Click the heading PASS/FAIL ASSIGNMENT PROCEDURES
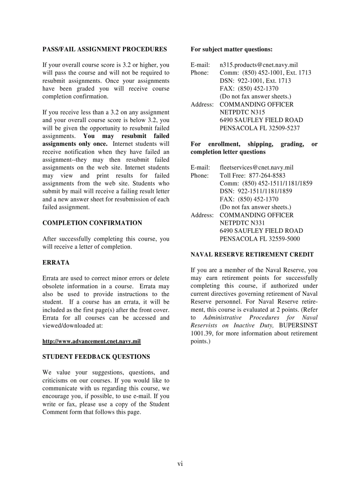(105, 49)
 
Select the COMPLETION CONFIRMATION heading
(92, 223)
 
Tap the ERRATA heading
(56, 263)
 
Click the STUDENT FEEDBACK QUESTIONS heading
(96, 357)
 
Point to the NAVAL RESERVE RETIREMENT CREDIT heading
(252, 255)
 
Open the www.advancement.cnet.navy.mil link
(91, 342)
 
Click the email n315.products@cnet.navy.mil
(259, 65)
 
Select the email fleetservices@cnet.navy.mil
(256, 167)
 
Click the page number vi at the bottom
(180, 463)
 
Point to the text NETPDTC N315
(242, 112)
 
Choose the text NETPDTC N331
(242, 223)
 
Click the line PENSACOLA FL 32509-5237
(259, 128)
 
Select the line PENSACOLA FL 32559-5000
(259, 239)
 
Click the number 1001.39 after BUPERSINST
(201, 334)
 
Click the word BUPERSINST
(298, 326)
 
